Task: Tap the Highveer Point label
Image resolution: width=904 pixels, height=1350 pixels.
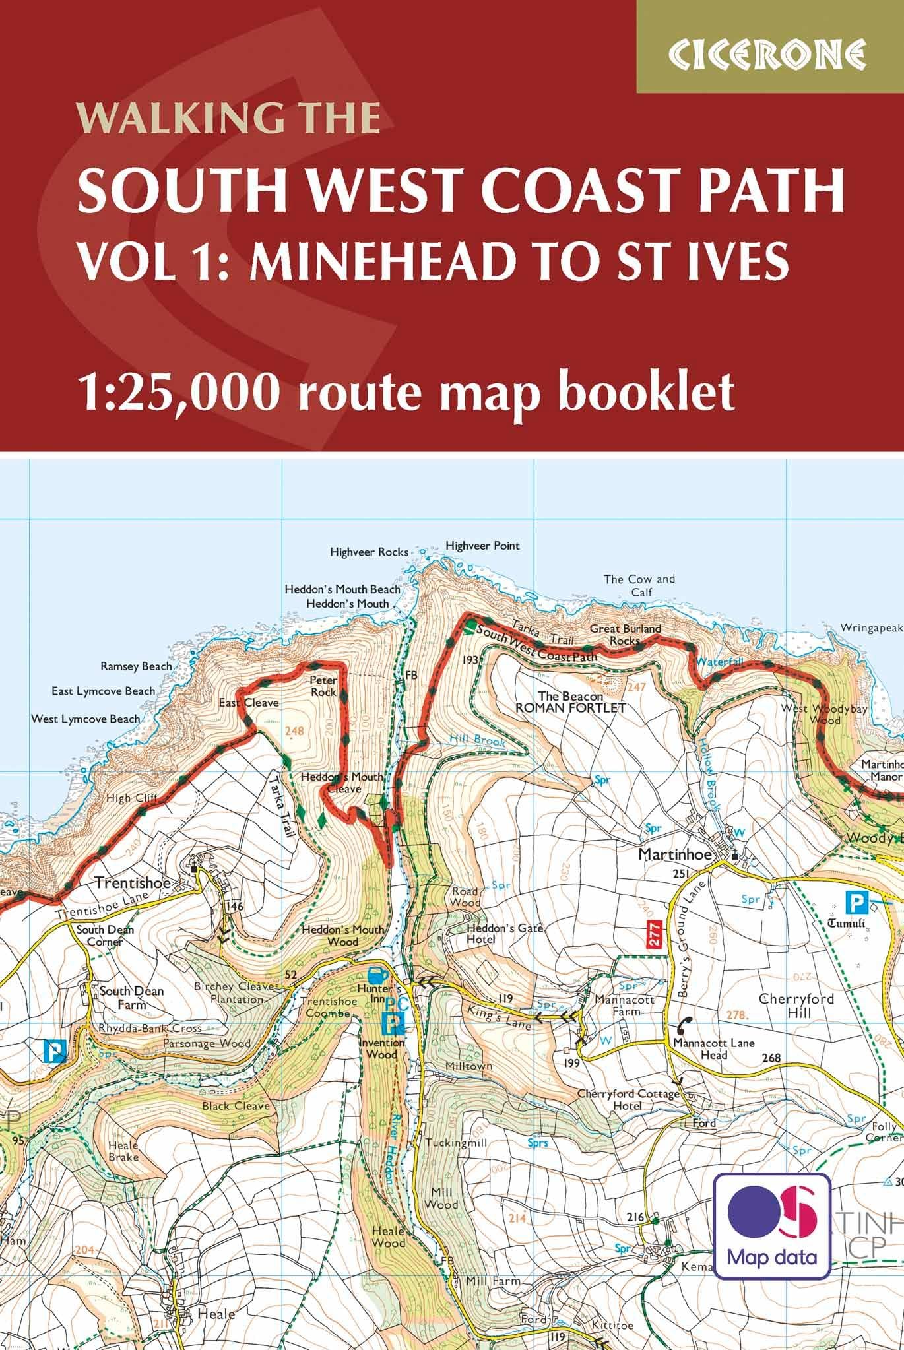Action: pyautogui.click(x=482, y=546)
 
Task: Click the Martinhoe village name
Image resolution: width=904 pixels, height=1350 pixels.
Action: pyautogui.click(x=674, y=854)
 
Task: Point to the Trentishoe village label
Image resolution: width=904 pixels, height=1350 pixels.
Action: pyautogui.click(x=133, y=882)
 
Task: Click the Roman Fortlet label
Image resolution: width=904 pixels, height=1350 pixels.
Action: pyautogui.click(x=570, y=708)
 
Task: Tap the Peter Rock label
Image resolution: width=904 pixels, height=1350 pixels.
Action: pyautogui.click(x=323, y=686)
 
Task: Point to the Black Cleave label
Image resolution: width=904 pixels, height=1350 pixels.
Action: pyautogui.click(x=236, y=1105)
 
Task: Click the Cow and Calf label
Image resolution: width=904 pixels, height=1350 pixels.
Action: pyautogui.click(x=639, y=585)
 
